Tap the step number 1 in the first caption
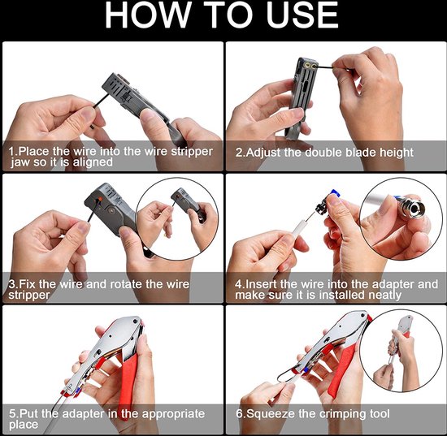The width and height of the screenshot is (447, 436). [11, 152]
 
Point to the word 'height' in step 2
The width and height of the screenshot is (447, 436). [393, 153]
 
